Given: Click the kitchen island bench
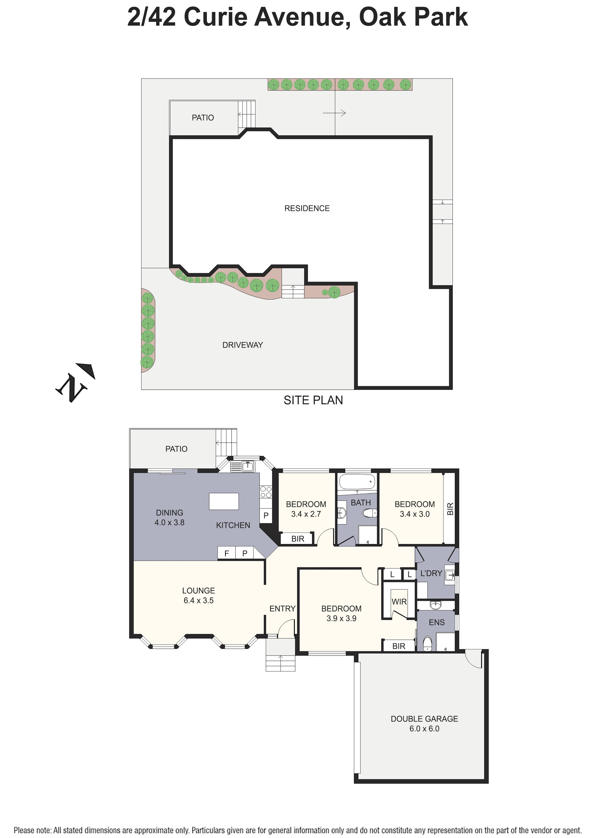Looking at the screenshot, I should [224, 501].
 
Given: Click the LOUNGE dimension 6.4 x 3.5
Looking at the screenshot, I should [199, 600].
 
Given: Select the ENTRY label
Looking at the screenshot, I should [282, 608].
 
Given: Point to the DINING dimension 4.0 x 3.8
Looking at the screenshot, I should [169, 522].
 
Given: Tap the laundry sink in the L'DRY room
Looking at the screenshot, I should [450, 575].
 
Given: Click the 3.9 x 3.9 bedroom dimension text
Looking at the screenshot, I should [341, 619].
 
